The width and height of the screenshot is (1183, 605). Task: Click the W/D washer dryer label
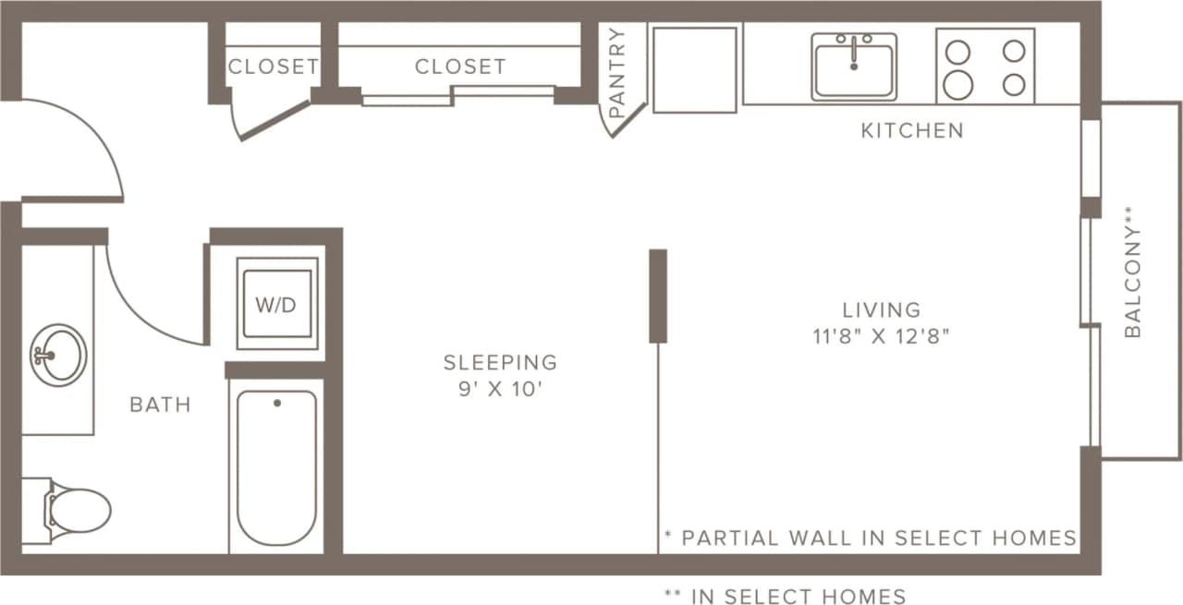point(276,305)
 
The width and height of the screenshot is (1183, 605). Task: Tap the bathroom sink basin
point(58,354)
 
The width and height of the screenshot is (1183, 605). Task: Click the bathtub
point(276,466)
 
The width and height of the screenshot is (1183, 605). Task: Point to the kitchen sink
point(854,67)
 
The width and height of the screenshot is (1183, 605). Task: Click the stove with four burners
point(985,67)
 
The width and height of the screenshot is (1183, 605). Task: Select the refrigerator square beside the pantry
point(695,69)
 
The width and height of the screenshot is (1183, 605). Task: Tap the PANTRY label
point(617,72)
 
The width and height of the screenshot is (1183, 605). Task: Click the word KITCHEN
point(911,131)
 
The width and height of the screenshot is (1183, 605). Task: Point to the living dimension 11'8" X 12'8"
point(881,337)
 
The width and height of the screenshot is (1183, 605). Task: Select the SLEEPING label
point(500,362)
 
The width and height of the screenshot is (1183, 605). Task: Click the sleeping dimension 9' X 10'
point(500,390)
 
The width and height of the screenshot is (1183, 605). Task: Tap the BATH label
point(160,405)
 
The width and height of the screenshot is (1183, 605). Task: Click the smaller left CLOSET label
point(274,67)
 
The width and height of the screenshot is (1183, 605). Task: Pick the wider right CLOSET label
point(459,67)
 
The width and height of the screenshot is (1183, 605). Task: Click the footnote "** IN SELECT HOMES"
point(785,596)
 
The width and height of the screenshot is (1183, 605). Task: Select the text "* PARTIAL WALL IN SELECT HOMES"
point(870,538)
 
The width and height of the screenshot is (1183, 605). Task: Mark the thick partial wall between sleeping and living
point(658,296)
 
